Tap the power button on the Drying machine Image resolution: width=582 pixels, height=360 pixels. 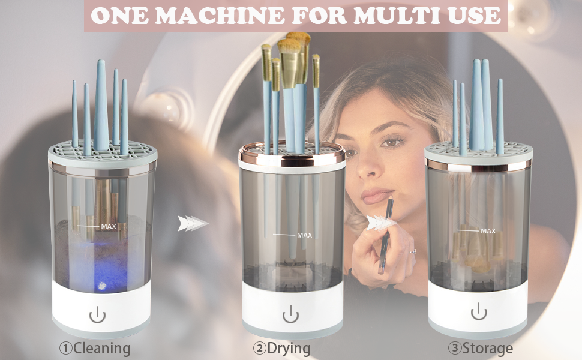click(290, 314)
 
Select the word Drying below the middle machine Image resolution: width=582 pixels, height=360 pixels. click(289, 348)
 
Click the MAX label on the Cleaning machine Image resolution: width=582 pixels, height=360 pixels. click(109, 227)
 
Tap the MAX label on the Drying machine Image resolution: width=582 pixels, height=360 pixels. click(304, 235)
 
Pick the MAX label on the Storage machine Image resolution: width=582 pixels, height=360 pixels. click(488, 230)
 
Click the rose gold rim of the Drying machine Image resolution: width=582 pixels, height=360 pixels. click(292, 157)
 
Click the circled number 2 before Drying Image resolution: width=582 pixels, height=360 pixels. click(260, 348)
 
